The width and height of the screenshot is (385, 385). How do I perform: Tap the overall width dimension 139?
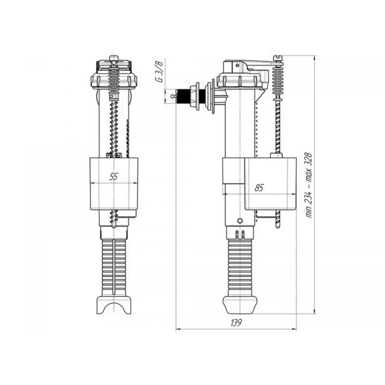point(236,323)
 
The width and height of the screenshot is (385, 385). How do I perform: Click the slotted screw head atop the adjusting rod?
point(281,56)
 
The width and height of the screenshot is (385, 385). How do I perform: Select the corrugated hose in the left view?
point(113,265)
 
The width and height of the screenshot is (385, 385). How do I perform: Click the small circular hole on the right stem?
point(240,220)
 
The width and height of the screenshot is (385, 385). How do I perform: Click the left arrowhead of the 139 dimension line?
point(179,329)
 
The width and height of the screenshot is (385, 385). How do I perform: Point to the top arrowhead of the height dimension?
point(315,57)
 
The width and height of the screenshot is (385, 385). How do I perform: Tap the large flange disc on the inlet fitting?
point(211,97)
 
